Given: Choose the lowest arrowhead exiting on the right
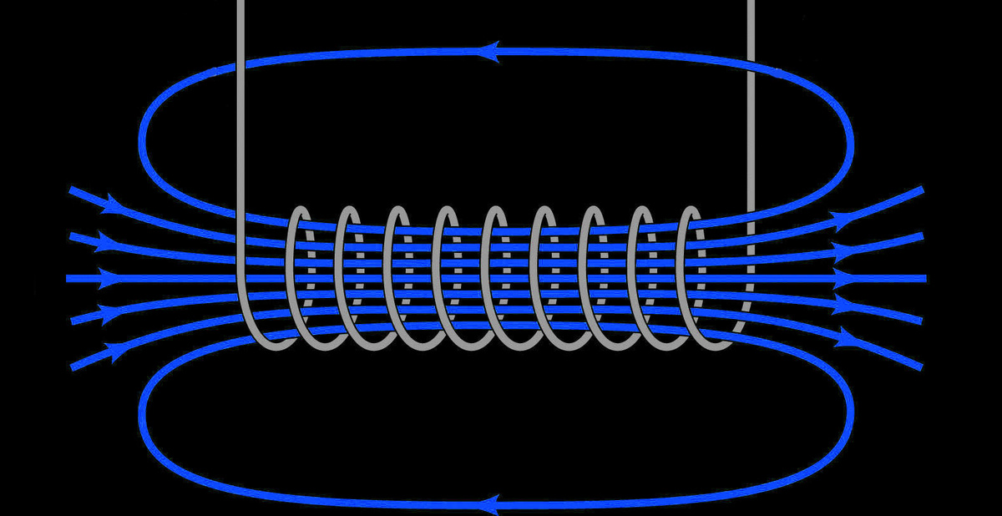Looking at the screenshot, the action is coord(848,336).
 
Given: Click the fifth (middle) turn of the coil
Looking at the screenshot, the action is coord(488,276).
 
